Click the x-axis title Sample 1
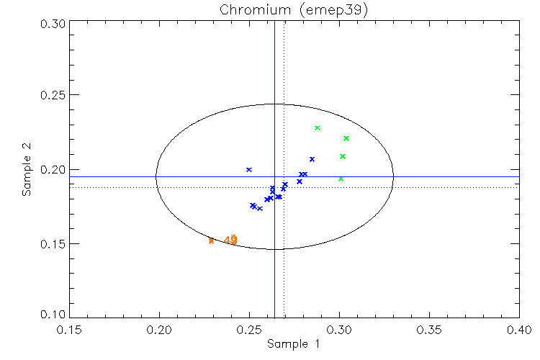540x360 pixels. tap(293, 344)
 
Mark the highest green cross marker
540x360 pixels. tap(318, 128)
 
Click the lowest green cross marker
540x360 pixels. tap(341, 179)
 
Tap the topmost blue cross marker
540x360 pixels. tap(249, 170)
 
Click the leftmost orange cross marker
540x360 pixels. tap(211, 240)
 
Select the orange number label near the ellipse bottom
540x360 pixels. tap(230, 240)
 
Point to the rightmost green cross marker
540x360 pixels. tap(346, 138)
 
